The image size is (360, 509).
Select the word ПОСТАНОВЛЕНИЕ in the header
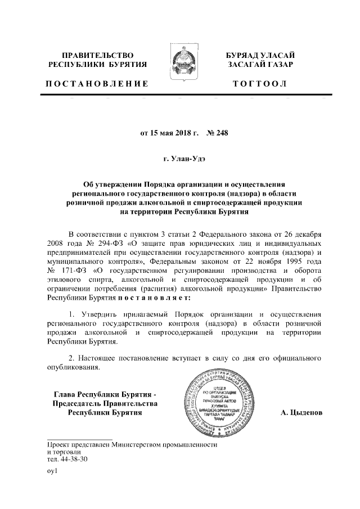pos(97,84)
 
